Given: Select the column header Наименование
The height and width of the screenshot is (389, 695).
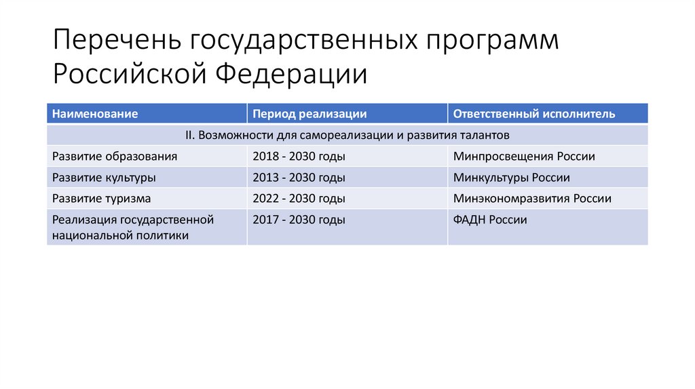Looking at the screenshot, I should tap(95, 114).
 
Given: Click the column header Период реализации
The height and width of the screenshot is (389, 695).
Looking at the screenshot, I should tap(309, 114).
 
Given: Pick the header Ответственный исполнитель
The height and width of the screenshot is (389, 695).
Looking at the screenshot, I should tap(534, 114).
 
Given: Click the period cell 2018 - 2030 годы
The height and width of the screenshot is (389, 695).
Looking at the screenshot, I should tap(299, 157).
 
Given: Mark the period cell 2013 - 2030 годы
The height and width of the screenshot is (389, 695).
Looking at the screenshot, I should tap(299, 178).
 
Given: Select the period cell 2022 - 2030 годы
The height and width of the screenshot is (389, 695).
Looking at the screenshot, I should tap(299, 199).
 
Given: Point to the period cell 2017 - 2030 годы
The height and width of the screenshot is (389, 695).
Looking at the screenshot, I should tap(299, 220).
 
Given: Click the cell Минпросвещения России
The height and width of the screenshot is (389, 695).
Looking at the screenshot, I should tap(524, 157).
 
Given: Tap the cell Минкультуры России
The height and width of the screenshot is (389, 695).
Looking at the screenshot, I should tap(511, 178).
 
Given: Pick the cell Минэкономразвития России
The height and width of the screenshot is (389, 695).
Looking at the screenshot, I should tap(532, 199).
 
